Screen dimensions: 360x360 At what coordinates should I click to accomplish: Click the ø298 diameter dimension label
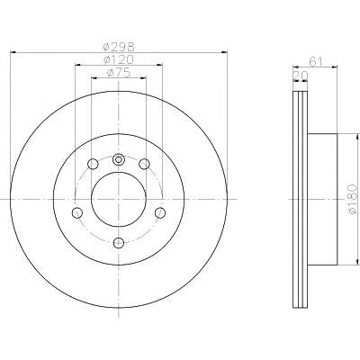click(119, 47)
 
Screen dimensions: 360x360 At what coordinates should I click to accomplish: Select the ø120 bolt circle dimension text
click(119, 59)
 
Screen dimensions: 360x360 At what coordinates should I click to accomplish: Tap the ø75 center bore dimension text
click(119, 73)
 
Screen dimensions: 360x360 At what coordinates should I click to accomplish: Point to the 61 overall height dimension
click(315, 61)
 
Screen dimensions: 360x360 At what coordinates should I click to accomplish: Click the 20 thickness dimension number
click(301, 76)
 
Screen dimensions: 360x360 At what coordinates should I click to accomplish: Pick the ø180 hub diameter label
click(353, 199)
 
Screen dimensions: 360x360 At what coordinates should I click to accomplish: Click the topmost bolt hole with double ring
click(119, 159)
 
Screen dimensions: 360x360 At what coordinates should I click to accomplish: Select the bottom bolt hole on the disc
click(119, 242)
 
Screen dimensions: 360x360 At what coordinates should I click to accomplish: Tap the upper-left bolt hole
click(93, 164)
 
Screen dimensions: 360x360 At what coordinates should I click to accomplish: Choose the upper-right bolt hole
click(145, 164)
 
